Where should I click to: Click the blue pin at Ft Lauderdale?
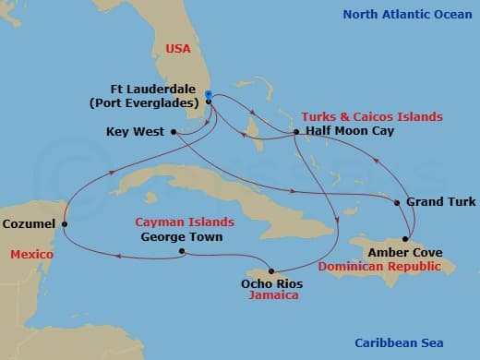click(x=209, y=94)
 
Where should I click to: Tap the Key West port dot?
click(x=174, y=132)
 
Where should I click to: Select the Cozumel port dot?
click(x=64, y=222)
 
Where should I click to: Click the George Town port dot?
click(x=182, y=250)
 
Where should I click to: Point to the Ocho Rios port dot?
click(x=270, y=270)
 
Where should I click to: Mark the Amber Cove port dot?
click(x=405, y=238)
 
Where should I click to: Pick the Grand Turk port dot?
click(x=397, y=202)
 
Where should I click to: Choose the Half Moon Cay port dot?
click(x=295, y=132)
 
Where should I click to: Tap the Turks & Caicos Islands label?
click(x=371, y=117)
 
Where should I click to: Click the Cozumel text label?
click(x=28, y=223)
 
